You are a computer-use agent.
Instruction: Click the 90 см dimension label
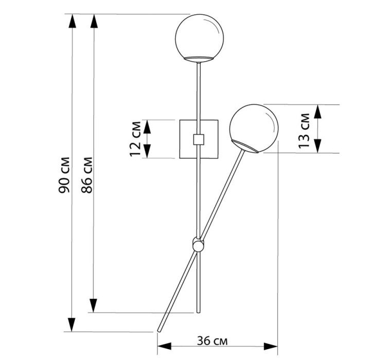(64, 174)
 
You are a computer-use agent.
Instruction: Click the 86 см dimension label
(86, 174)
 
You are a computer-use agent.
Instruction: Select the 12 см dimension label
(135, 139)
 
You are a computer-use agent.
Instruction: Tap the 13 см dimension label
(304, 131)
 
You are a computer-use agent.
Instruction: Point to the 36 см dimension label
(212, 341)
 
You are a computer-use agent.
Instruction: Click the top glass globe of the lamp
(200, 37)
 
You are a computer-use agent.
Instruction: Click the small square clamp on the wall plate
(199, 139)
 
